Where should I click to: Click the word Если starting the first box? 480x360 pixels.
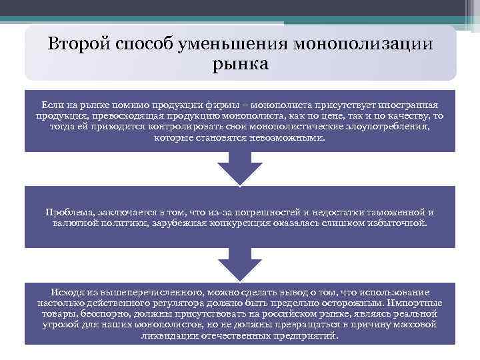[53, 106]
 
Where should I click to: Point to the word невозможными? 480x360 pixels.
[291, 138]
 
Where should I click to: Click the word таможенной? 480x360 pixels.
[397, 212]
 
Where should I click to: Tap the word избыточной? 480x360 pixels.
[396, 223]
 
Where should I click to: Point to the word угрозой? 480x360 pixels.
[62, 325]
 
